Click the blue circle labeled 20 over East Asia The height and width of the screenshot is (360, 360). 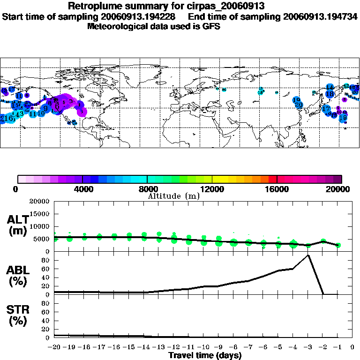click(x=299, y=105)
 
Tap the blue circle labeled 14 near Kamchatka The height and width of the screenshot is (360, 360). click(x=330, y=88)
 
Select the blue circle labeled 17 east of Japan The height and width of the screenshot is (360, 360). click(x=326, y=109)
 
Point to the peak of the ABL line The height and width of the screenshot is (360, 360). click(x=308, y=255)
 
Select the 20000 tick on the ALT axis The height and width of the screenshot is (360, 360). click(x=39, y=202)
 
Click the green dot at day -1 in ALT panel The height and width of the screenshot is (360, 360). click(x=338, y=245)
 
